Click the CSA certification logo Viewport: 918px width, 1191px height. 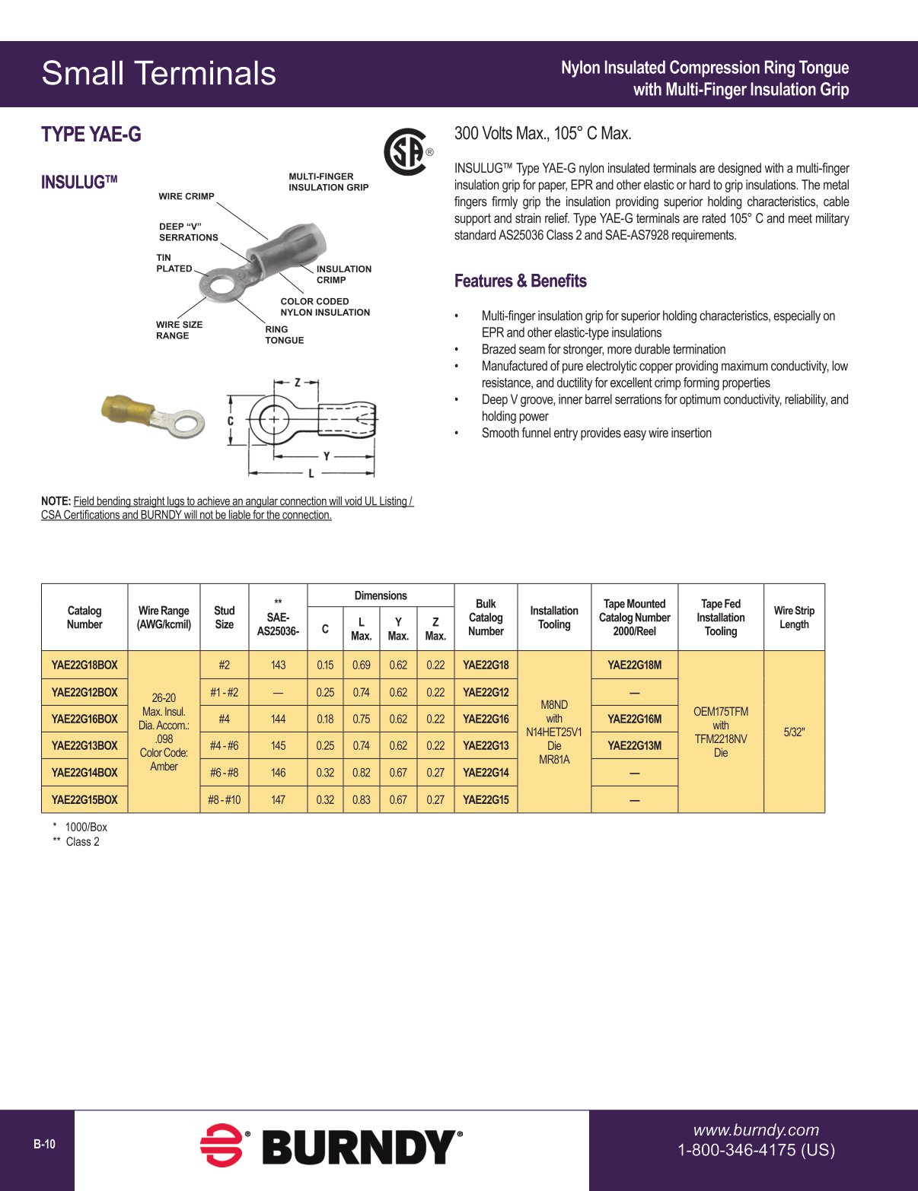[x=406, y=151]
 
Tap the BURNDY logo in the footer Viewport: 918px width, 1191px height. [x=331, y=1146]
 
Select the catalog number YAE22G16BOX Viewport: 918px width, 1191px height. [x=84, y=719]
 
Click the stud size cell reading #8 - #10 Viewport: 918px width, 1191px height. [x=224, y=799]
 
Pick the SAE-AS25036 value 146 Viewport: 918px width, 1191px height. [x=278, y=772]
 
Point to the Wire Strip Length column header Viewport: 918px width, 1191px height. [x=793, y=617]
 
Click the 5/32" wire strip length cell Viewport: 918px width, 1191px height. [x=793, y=732]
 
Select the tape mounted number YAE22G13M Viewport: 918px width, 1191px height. [x=634, y=745]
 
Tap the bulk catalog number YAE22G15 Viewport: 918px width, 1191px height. [x=486, y=799]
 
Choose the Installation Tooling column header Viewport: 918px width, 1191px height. [x=553, y=617]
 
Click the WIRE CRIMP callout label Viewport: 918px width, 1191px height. [x=186, y=196]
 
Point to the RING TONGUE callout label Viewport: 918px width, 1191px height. [x=284, y=335]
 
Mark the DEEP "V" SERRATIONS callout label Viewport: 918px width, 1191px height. [x=188, y=232]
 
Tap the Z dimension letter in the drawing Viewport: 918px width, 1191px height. [x=297, y=383]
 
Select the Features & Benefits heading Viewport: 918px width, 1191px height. [x=520, y=281]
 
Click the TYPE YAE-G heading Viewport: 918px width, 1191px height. [x=91, y=135]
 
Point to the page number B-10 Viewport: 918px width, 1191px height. [x=44, y=1144]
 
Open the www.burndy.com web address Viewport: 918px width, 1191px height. [x=755, y=1130]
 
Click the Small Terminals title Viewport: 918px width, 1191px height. [x=158, y=74]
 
